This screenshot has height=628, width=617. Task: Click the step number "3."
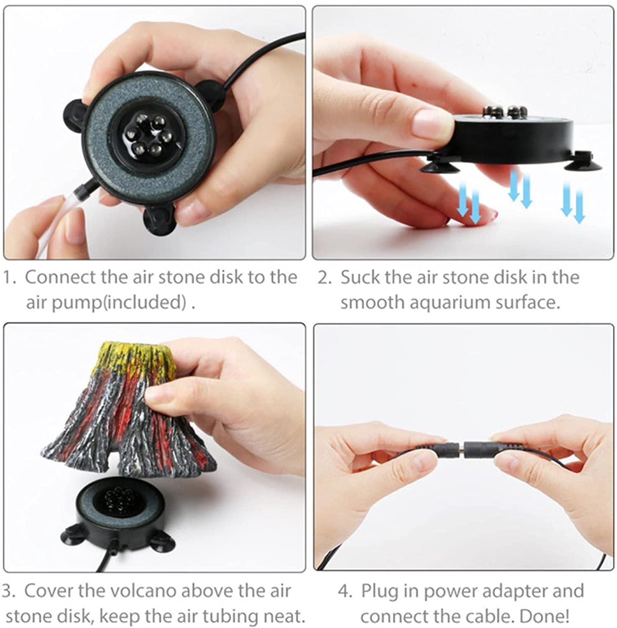coord(9,591)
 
